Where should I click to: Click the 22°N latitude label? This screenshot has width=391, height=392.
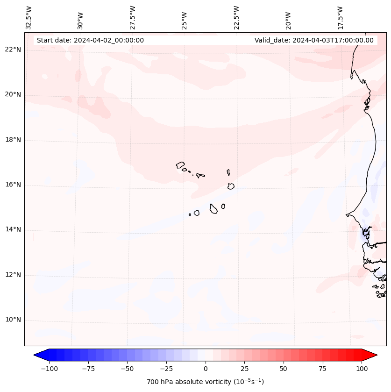pos(13,50)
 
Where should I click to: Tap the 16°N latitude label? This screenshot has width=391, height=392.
pos(13,185)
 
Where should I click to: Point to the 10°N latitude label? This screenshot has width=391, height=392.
pos(13,320)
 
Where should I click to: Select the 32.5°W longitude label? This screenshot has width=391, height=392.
pos(29,17)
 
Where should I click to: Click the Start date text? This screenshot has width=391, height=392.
pos(90,40)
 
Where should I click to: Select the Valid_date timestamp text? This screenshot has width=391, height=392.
pos(314,40)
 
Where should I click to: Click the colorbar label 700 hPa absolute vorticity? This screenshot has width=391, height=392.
pos(205,382)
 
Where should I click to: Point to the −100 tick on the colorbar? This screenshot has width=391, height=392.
pos(49,369)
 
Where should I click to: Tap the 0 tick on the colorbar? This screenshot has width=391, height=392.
pos(205,369)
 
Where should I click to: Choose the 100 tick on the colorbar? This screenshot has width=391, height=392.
pos(362,369)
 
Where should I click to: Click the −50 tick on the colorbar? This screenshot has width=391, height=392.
pos(127,369)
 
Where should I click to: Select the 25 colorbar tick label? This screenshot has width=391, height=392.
pos(244,369)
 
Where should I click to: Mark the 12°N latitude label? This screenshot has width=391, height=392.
pos(13,275)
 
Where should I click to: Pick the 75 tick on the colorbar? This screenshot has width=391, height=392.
pos(322,369)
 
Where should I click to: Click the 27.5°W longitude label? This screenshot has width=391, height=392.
pos(133,17)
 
